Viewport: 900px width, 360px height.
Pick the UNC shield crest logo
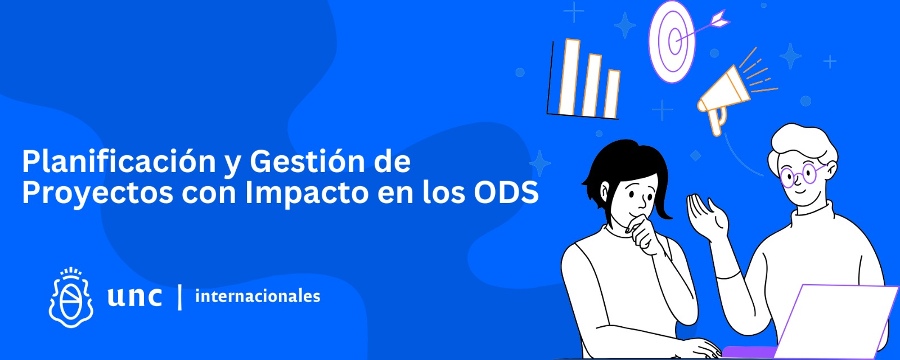point(71,298)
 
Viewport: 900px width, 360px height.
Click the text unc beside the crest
point(134,297)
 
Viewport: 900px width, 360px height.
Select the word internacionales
point(258,296)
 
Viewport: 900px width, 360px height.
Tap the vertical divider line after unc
point(179,297)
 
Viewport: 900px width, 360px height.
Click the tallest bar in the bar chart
point(569,77)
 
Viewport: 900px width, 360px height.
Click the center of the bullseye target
point(676,40)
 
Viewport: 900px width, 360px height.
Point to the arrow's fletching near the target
point(719,19)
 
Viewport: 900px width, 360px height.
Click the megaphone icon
point(724,96)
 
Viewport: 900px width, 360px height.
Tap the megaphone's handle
point(718,121)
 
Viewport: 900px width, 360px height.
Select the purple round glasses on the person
point(802,174)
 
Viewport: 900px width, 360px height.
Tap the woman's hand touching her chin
point(643,235)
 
